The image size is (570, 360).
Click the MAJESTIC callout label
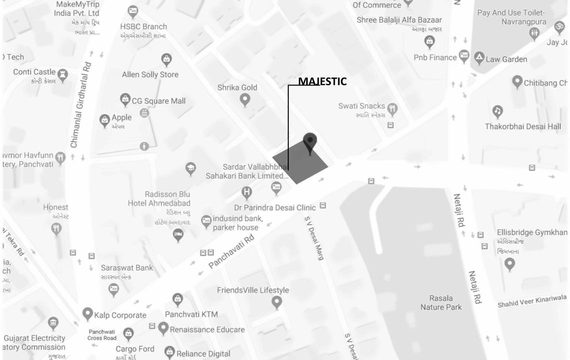pyautogui.click(x=322, y=81)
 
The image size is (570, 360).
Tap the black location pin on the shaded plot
pyautogui.click(x=310, y=142)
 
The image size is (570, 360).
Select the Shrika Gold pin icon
pyautogui.click(x=245, y=100)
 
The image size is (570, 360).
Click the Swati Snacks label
pyautogui.click(x=362, y=106)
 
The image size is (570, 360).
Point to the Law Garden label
pyautogui.click(x=506, y=59)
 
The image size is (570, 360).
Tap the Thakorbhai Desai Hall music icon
pyautogui.click(x=497, y=111)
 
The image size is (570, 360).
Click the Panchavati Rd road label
pyautogui.click(x=231, y=251)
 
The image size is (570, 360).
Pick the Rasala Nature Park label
pyautogui.click(x=441, y=302)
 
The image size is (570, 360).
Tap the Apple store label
pyautogui.click(x=121, y=117)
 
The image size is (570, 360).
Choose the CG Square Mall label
pyautogui.click(x=158, y=101)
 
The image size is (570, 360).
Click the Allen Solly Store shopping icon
pyautogui.click(x=166, y=59)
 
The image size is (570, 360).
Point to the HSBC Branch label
pyautogui.click(x=143, y=26)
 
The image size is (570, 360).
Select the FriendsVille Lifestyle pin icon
pyautogui.click(x=276, y=302)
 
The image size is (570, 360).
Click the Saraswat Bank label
pyautogui.click(x=127, y=267)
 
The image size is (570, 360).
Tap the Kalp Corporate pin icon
pyautogui.click(x=87, y=314)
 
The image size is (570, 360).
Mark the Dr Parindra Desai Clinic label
pyautogui.click(x=275, y=207)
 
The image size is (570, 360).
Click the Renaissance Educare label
pyautogui.click(x=207, y=329)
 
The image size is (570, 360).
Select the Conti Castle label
pyautogui.click(x=34, y=72)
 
